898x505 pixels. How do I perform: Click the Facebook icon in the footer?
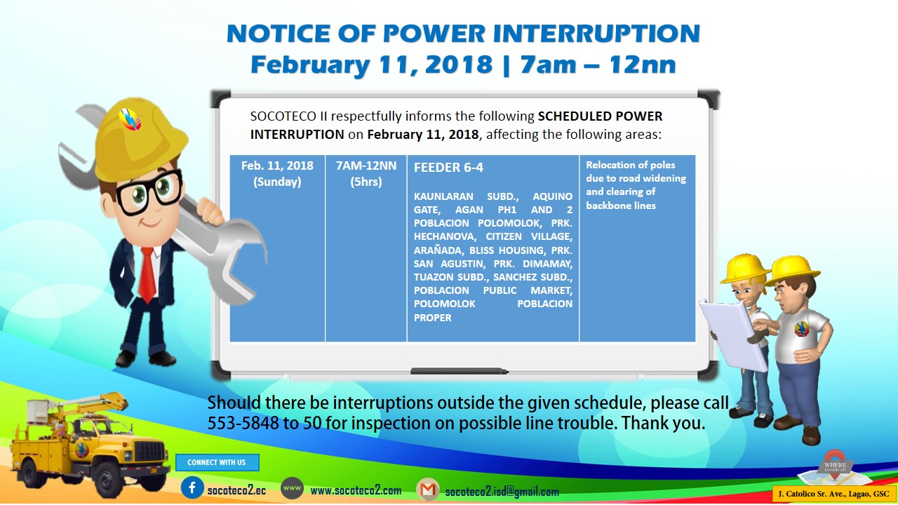click(192, 487)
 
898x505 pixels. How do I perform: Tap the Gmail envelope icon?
click(428, 490)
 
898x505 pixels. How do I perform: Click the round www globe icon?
click(292, 487)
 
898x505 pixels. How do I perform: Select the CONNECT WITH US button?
click(217, 462)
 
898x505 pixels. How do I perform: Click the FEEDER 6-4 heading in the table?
click(448, 168)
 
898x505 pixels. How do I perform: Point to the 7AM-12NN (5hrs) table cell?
click(366, 173)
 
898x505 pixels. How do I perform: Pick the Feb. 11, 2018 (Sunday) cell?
click(277, 173)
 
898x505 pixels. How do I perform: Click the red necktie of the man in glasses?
click(147, 274)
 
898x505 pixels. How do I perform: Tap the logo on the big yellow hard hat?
click(130, 119)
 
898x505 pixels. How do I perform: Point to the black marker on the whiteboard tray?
click(460, 371)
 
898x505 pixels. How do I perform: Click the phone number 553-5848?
click(243, 423)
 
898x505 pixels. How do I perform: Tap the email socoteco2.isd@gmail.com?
click(502, 492)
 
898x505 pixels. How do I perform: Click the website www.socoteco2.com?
click(356, 490)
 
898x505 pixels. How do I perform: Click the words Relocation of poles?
click(630, 165)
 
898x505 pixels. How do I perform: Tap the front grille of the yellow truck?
click(149, 451)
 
